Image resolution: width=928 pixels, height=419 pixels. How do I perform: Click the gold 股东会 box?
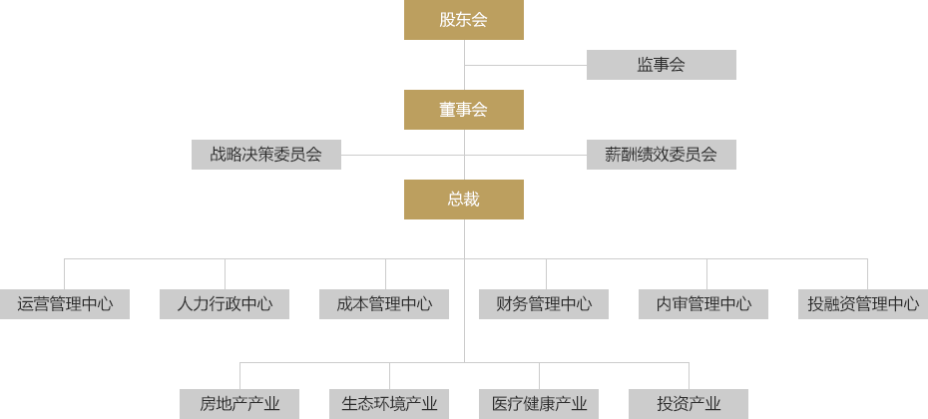[x=463, y=20]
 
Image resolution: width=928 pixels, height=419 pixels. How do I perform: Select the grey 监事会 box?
[x=661, y=65]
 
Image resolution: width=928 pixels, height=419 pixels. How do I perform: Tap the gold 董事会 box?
[x=463, y=110]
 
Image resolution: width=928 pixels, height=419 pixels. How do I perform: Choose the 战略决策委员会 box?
[x=265, y=155]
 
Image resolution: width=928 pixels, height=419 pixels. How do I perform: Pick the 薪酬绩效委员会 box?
[x=661, y=155]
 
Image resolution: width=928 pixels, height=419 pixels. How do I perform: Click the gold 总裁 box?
[x=463, y=200]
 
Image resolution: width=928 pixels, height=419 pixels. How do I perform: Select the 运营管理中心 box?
[x=65, y=304]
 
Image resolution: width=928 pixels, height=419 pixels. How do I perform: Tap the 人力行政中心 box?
[x=225, y=304]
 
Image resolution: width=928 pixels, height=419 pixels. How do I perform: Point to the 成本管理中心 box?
[x=384, y=304]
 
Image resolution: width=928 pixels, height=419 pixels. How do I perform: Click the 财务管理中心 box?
[x=544, y=304]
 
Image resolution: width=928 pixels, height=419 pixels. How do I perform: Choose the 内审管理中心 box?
[x=703, y=304]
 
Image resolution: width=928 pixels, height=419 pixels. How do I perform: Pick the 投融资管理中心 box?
[x=864, y=304]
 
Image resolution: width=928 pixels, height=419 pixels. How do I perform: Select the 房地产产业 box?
[x=239, y=404]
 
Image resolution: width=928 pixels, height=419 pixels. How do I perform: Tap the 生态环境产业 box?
[x=389, y=404]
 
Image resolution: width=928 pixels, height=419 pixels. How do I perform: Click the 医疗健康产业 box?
[x=539, y=404]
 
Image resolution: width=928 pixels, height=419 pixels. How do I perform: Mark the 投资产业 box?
[x=689, y=404]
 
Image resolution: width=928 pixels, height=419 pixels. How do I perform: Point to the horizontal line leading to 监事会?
[x=525, y=65]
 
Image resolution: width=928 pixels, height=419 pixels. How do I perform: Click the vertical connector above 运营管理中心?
[x=65, y=274]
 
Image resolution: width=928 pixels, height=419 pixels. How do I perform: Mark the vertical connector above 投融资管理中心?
[x=867, y=274]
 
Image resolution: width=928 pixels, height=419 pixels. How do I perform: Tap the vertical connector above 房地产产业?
[x=239, y=375]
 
